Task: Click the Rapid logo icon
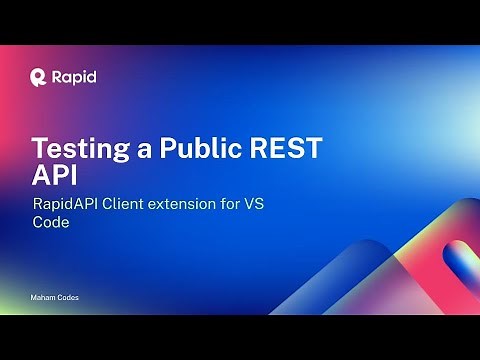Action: (39, 75)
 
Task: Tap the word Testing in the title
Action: (79, 150)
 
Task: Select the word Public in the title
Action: (201, 150)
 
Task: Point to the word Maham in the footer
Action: (42, 299)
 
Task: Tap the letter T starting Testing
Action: (39, 150)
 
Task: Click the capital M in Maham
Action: (33, 299)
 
